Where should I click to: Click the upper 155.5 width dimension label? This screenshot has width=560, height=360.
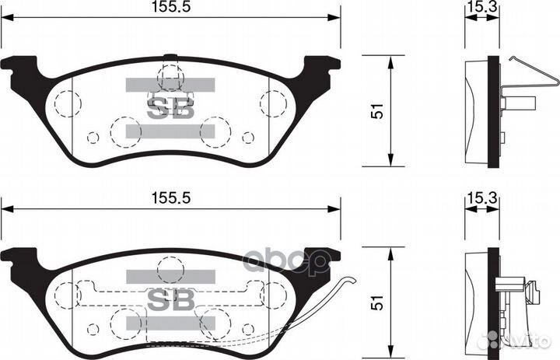point(171,7)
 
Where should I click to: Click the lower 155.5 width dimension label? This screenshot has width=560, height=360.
point(171,197)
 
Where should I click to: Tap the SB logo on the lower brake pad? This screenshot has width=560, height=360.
point(170,298)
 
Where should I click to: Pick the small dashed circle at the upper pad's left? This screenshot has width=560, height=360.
point(93,138)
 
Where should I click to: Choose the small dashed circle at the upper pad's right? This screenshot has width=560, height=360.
point(248,138)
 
